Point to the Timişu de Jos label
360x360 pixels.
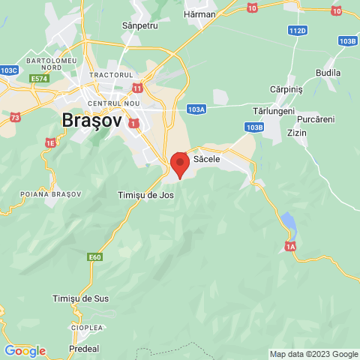(x=146, y=195)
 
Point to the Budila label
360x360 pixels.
(x=328, y=73)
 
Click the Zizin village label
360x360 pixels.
(x=298, y=133)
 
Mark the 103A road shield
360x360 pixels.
(x=196, y=109)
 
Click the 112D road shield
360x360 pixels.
(x=297, y=31)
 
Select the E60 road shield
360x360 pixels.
(x=94, y=257)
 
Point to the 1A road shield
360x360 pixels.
(x=291, y=246)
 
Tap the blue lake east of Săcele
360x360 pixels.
(x=287, y=222)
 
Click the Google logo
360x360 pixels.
(x=25, y=351)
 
